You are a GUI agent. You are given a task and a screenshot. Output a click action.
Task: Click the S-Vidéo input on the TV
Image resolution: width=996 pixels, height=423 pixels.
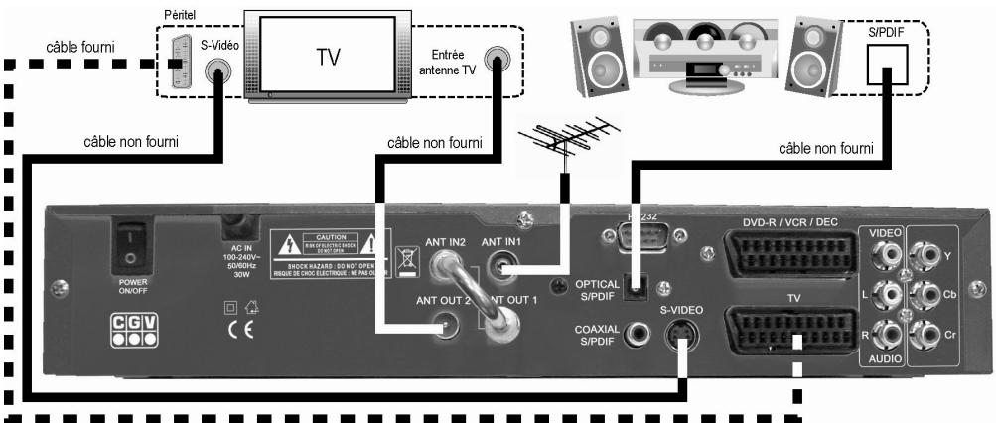(x=218, y=72)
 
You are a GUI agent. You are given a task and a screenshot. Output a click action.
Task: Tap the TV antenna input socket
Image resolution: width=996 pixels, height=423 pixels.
(x=495, y=58)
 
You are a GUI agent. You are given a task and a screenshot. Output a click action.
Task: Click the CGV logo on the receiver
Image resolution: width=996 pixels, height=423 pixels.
(x=136, y=331)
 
